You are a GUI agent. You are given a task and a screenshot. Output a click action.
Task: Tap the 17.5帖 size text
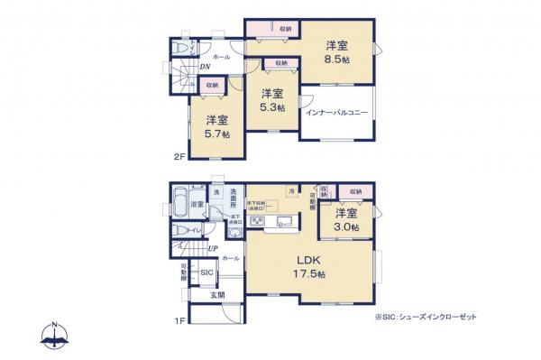click(x=307, y=273)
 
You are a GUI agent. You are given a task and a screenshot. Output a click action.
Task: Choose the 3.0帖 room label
click(x=347, y=226)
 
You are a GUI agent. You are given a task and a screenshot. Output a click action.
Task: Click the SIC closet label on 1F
click(x=206, y=272)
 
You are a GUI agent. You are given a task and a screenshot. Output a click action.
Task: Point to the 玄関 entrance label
click(x=217, y=295)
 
